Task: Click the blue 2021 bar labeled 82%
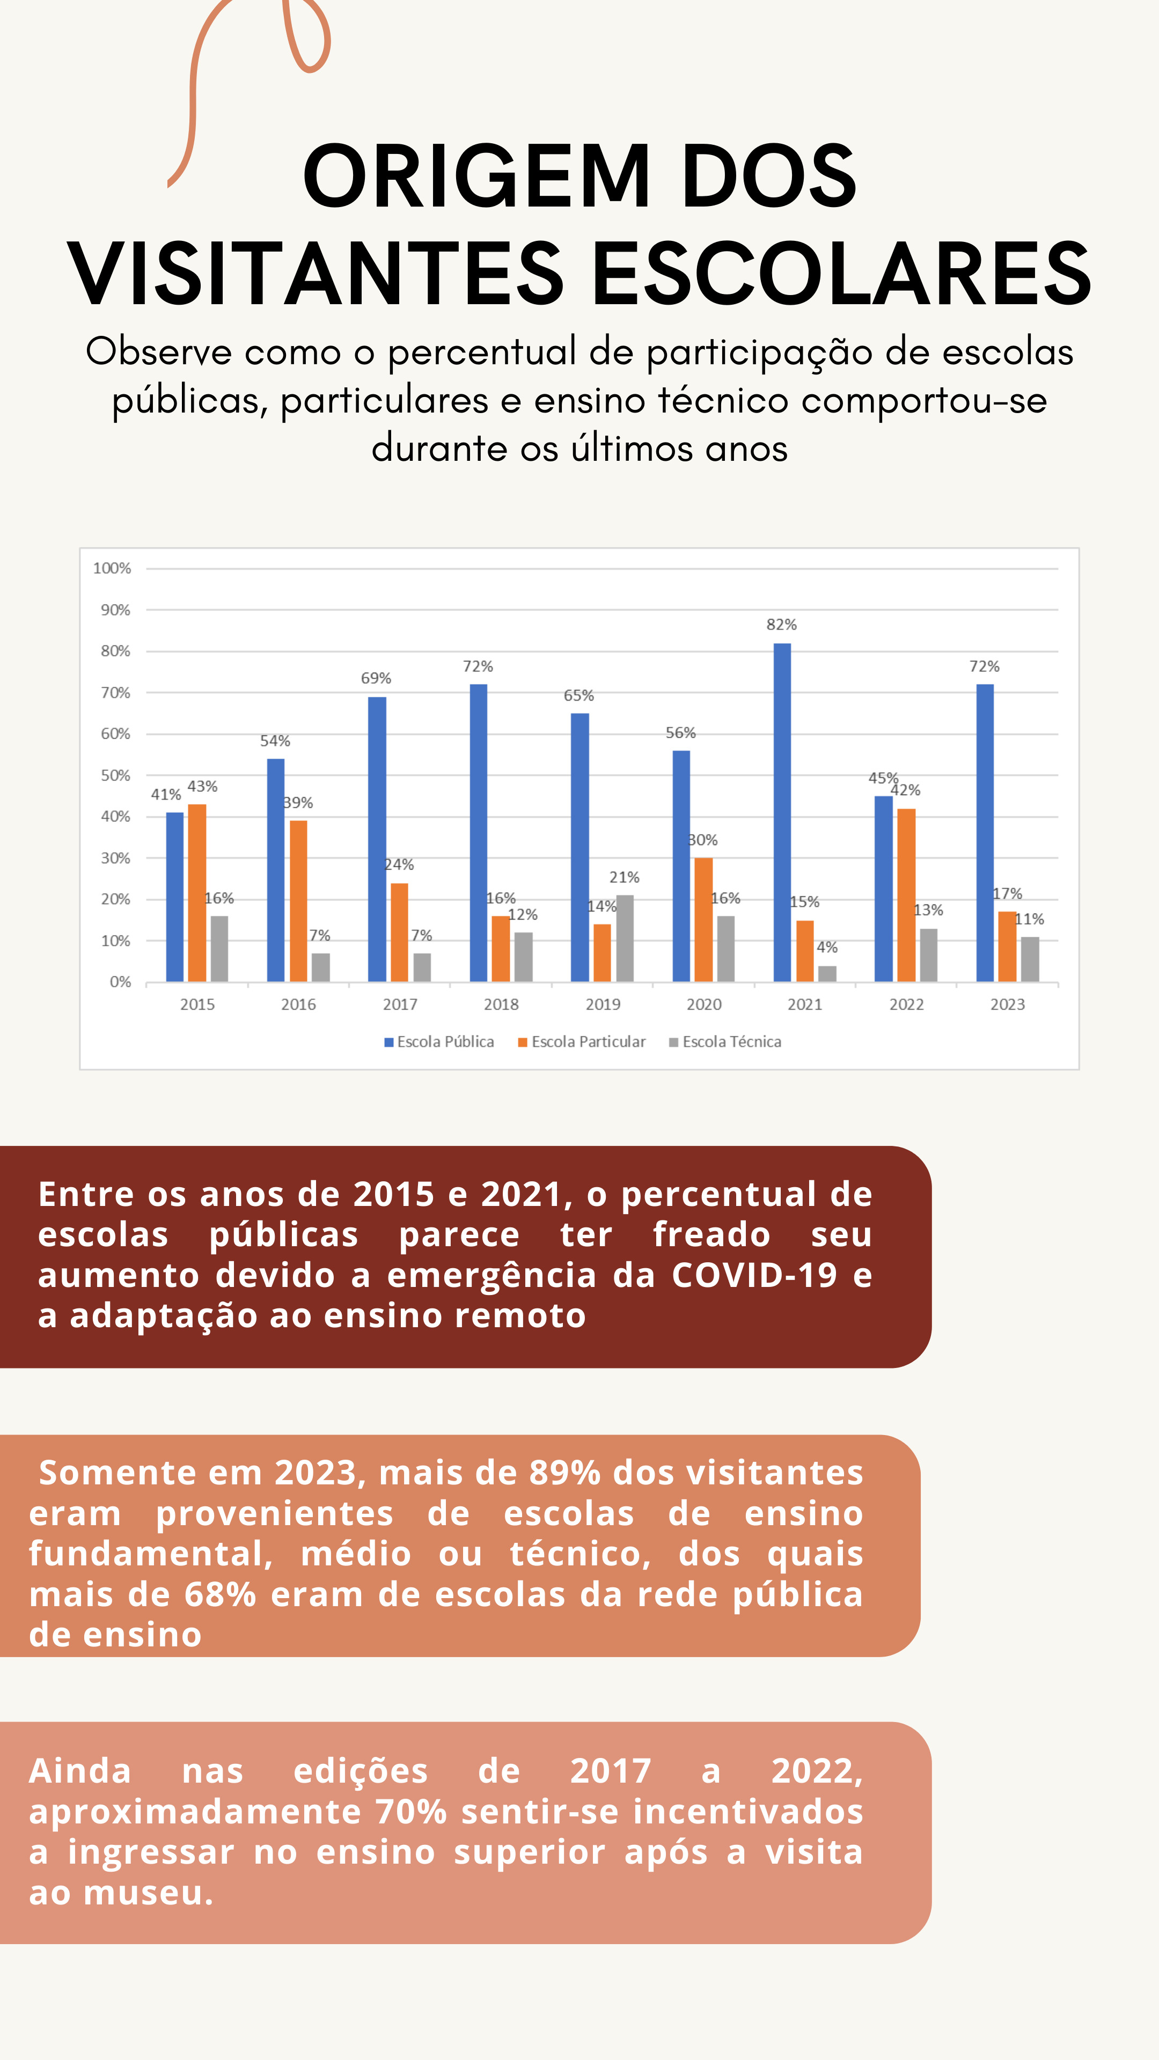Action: (x=782, y=813)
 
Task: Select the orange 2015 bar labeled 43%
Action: (x=197, y=893)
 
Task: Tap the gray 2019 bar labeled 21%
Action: (x=625, y=939)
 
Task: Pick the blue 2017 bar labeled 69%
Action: (x=377, y=840)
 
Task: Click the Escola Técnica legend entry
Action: (x=725, y=1042)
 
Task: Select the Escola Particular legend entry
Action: (x=582, y=1042)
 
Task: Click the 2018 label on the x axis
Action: (x=502, y=1004)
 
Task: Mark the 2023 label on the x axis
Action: (x=1008, y=1004)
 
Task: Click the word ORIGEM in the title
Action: (x=476, y=176)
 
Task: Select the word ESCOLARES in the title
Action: (x=841, y=274)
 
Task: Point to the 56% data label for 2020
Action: (x=681, y=732)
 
